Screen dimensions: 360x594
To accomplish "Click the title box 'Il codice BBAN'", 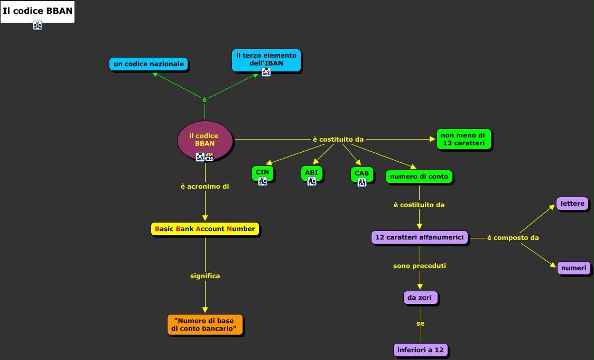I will point(38,11).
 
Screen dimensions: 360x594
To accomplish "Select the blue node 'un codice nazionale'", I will point(149,64).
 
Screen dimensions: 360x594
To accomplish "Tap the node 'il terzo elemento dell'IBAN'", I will point(266,59).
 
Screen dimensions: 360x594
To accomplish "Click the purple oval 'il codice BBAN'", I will point(205,140).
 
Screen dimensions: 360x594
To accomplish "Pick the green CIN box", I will point(263,173).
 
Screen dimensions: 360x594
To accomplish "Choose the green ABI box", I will point(311,173).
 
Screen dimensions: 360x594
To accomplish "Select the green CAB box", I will point(361,174).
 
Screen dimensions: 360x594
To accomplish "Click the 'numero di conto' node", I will point(419,177).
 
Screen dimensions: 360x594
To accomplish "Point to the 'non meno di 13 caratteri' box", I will point(464,140).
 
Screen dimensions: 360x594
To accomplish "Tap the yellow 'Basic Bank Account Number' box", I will point(205,229).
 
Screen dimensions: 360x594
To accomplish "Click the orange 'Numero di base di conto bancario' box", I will point(205,325).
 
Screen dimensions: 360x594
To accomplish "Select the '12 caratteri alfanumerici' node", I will point(420,238).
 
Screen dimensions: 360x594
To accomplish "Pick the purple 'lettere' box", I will point(572,204).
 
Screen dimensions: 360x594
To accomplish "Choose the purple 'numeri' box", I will point(573,268).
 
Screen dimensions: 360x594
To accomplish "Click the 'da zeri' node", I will point(420,298).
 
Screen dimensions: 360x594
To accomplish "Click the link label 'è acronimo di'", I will point(205,187).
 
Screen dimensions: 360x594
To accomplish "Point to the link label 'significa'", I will point(205,276).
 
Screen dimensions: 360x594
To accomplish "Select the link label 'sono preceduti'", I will point(420,266).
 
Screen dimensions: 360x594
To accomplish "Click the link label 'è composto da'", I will point(513,238).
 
